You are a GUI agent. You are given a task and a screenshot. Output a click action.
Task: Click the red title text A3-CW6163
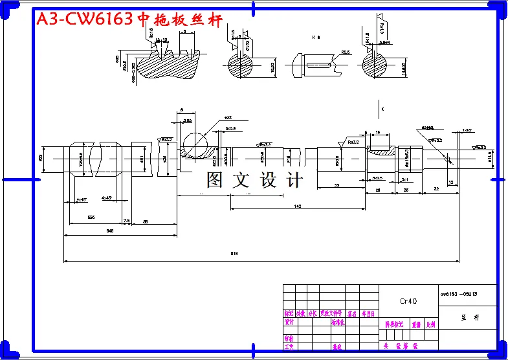point(84,19)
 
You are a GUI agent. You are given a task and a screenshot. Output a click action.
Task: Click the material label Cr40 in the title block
point(408,301)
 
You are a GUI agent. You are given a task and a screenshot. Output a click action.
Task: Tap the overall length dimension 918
point(234,254)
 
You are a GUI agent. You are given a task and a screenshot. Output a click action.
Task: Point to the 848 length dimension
point(110,230)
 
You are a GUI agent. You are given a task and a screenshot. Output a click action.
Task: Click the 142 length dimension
point(297,206)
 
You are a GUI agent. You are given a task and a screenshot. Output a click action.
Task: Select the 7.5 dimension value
point(127,221)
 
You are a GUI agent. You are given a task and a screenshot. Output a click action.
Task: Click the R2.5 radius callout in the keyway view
point(345,52)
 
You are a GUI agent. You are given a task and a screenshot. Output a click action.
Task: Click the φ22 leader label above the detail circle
point(228,118)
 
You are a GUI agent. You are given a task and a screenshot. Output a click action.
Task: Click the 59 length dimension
point(337,186)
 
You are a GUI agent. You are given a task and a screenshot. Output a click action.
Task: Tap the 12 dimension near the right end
point(450,183)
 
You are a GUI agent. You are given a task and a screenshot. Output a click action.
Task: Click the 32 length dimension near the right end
point(436,189)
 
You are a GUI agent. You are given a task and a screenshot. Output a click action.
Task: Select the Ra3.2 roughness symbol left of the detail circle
point(166,139)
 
